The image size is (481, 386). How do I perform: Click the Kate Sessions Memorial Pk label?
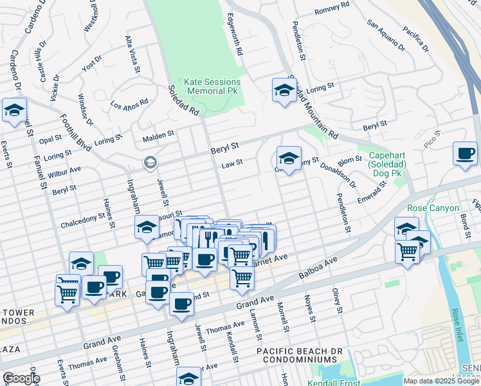(212, 87)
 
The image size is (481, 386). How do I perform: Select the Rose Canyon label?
(433, 208)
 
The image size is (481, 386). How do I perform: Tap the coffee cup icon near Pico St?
(465, 154)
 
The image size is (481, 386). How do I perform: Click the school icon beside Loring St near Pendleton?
(284, 91)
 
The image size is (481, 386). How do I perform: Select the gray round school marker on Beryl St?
(150, 162)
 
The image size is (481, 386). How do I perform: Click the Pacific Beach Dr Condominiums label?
(298, 356)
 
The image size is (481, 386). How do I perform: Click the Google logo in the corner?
(21, 378)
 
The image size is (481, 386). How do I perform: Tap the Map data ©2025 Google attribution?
(441, 381)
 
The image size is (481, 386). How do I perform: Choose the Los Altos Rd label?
(129, 103)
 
